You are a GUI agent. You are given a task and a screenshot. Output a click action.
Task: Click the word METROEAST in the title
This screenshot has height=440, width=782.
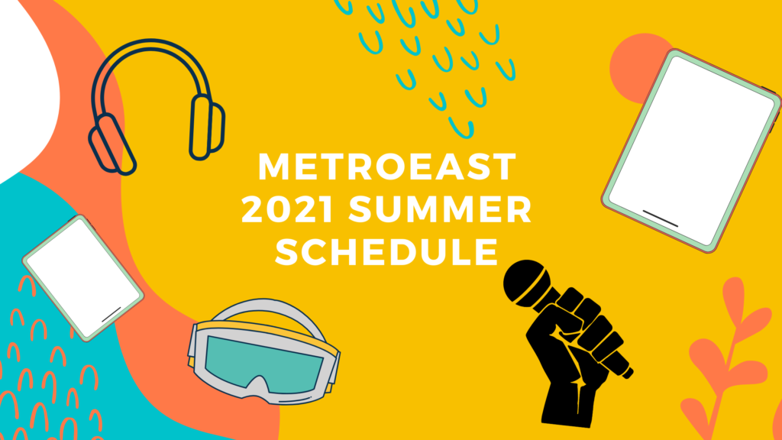[386, 167]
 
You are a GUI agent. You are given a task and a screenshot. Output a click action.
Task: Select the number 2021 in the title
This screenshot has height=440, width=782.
[287, 209]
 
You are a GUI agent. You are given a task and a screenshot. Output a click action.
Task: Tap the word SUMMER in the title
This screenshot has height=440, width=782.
[440, 209]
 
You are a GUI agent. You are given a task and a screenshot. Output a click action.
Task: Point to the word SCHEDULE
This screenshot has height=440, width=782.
[386, 251]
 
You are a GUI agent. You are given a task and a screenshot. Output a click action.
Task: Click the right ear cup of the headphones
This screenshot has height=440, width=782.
[206, 128]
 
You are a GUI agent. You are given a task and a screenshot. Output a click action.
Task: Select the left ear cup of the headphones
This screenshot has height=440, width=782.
[111, 144]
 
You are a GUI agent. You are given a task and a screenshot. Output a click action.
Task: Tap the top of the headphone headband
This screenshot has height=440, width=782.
[150, 44]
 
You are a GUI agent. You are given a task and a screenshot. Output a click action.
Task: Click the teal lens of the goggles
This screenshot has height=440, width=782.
[262, 363]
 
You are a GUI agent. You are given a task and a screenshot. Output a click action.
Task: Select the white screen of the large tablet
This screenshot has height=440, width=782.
[691, 150]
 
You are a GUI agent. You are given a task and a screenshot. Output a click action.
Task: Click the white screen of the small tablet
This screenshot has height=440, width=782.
[83, 277]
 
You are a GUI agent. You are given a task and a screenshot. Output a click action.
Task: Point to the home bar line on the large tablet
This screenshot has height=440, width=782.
[660, 218]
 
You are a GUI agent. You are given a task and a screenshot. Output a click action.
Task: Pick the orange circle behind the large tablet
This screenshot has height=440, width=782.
[636, 68]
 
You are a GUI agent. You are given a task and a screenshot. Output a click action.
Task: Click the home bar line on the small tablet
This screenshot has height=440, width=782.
[111, 314]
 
